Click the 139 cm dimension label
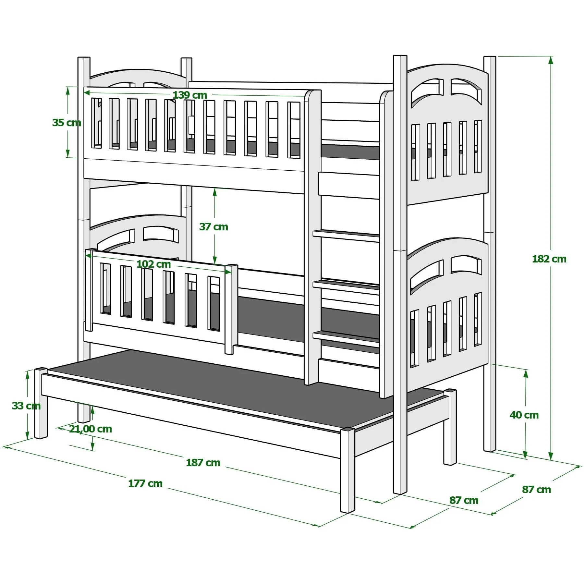(190, 95)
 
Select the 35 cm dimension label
(67, 123)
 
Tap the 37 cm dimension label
(213, 226)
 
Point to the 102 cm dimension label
(153, 264)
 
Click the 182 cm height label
(549, 259)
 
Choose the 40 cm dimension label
(524, 415)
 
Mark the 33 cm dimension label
(26, 406)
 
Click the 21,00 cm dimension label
(90, 429)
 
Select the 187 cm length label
(203, 463)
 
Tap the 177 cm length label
(145, 483)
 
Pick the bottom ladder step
(346, 336)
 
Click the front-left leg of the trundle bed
(347, 470)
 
